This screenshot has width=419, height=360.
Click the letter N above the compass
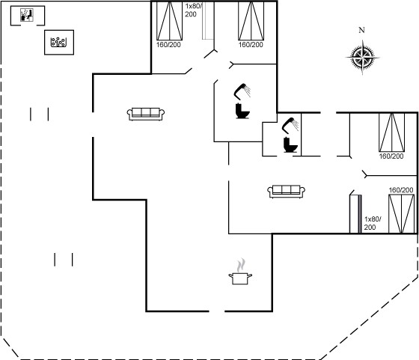[361, 30]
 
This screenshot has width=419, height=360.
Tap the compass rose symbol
[362, 57]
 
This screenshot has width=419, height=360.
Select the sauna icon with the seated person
[27, 15]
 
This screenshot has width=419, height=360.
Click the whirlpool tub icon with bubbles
[58, 42]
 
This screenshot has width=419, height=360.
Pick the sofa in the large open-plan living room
[146, 114]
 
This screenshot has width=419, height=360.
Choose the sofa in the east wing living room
[286, 192]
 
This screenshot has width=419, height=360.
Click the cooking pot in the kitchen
[240, 278]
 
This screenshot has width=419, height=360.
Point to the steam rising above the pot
[241, 265]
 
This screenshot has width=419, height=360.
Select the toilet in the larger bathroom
[242, 111]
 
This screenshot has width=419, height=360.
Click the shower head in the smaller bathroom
[290, 126]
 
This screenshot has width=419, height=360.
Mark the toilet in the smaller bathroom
[290, 144]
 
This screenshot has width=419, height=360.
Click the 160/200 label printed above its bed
[401, 190]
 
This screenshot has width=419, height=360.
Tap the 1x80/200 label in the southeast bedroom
[373, 223]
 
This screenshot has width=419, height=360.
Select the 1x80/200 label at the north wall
[194, 10]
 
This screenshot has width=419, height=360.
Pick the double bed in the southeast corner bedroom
[401, 213]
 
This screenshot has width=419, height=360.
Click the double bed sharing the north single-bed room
[169, 21]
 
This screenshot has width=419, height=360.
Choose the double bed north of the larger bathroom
[251, 21]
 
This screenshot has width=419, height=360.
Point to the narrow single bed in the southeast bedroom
[355, 214]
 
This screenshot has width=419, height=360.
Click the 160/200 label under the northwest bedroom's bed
[168, 45]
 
